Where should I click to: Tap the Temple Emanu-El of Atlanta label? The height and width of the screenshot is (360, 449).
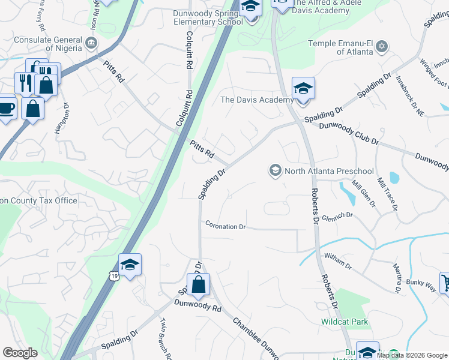click(340, 47)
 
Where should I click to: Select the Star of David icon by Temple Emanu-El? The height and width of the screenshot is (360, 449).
click(382, 46)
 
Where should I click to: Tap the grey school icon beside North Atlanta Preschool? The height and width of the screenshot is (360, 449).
click(276, 171)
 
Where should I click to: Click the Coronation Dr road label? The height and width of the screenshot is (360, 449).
click(226, 227)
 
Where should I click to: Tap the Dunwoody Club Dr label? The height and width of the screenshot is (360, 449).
click(349, 134)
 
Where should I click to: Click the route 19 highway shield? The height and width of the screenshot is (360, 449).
click(113, 275)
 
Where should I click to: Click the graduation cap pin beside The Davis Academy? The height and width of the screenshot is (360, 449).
click(304, 89)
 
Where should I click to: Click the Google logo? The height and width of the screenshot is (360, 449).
click(20, 353)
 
